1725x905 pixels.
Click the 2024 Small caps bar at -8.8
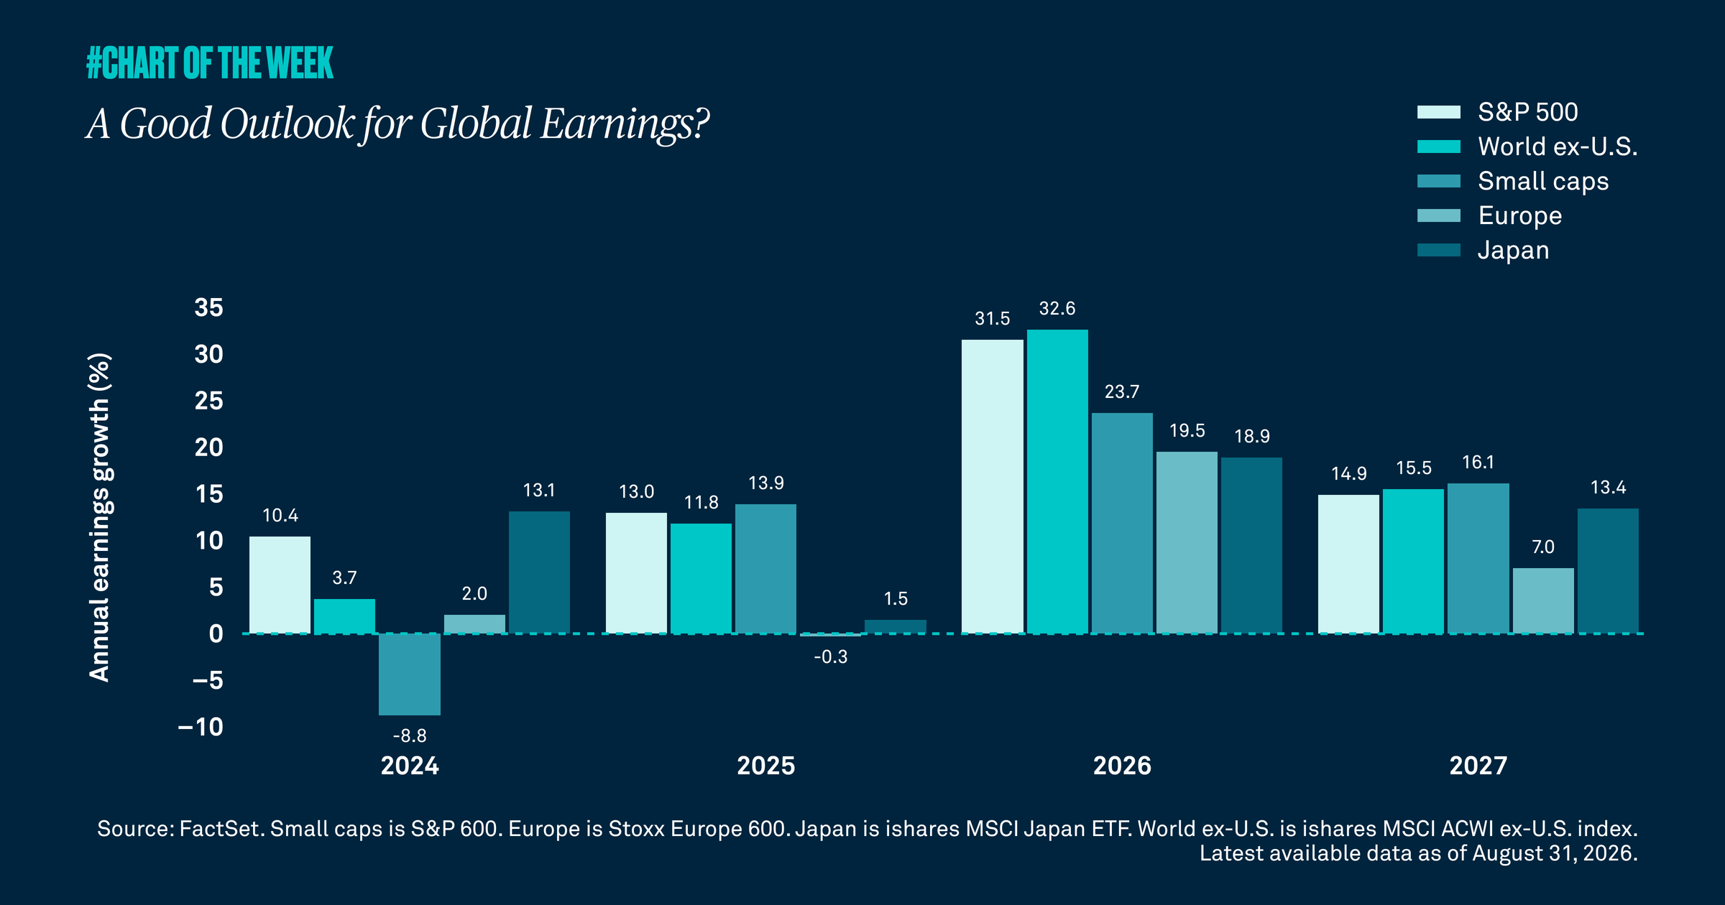(410, 674)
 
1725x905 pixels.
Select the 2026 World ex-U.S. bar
(1057, 481)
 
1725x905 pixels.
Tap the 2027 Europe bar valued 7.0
(1543, 600)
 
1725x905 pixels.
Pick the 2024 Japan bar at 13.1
(539, 572)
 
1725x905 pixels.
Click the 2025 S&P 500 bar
(636, 573)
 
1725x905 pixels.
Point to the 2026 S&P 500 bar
(993, 486)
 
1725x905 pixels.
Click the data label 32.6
(1057, 308)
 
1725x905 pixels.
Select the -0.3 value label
(831, 656)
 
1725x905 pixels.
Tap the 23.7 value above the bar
(1122, 391)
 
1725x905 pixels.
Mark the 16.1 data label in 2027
(1478, 462)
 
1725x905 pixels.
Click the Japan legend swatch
(1439, 250)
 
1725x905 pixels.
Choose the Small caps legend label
(1543, 182)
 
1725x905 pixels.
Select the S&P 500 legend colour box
(1439, 112)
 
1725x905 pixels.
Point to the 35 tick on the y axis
(209, 307)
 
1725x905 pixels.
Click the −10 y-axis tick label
(201, 727)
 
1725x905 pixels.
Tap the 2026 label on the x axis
(1122, 766)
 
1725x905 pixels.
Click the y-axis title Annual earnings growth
(99, 517)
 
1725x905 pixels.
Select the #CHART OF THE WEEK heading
(210, 62)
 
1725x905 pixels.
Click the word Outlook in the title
(287, 124)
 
